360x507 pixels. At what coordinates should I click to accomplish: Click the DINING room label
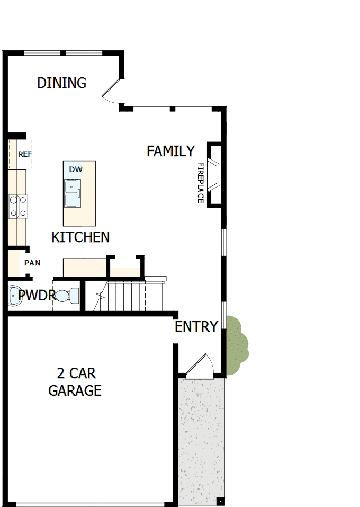[61, 83]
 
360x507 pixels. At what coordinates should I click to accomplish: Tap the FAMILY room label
[170, 152]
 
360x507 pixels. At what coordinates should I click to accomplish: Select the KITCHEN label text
[80, 237]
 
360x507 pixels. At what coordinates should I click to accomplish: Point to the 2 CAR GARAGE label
[75, 382]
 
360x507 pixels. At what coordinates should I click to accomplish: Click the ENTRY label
[196, 327]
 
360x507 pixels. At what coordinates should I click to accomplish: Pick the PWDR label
[37, 296]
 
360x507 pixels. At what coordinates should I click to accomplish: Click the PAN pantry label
[32, 263]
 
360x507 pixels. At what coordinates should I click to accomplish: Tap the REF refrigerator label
[25, 154]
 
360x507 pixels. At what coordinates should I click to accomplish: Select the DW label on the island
[76, 170]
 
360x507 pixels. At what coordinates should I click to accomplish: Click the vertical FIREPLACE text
[201, 183]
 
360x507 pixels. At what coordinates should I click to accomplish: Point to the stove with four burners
[17, 206]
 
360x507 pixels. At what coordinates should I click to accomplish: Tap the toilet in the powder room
[67, 296]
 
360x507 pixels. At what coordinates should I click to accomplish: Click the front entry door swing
[200, 367]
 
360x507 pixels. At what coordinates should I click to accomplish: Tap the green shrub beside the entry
[236, 344]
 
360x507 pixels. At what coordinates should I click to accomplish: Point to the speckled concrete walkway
[201, 440]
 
